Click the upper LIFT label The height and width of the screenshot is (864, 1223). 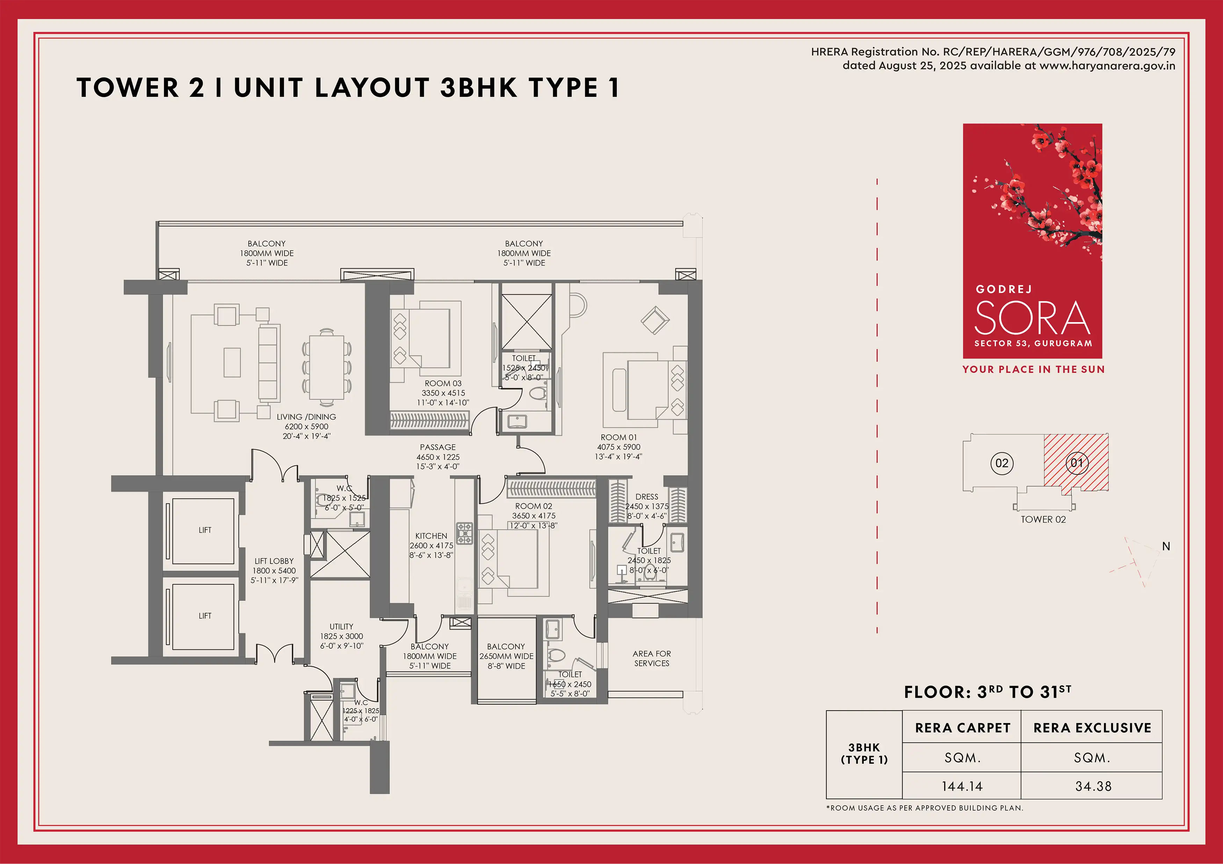(205, 530)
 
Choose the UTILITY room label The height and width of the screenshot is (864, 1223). (341, 626)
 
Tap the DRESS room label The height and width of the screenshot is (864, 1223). (647, 496)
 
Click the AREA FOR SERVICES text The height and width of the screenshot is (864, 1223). (651, 658)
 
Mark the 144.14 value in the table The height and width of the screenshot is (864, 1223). (962, 786)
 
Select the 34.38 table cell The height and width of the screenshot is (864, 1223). (1093, 786)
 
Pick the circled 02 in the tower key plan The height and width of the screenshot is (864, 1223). (1002, 463)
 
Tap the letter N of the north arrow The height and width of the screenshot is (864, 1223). (1166, 546)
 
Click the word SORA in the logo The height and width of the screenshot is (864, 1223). (1032, 318)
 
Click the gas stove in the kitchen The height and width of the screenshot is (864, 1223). (464, 533)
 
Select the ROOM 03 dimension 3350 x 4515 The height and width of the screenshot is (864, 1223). (443, 393)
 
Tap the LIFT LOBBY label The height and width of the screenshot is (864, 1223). (274, 561)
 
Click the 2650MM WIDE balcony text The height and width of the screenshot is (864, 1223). (506, 656)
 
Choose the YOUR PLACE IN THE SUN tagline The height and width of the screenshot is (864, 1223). (1033, 370)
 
